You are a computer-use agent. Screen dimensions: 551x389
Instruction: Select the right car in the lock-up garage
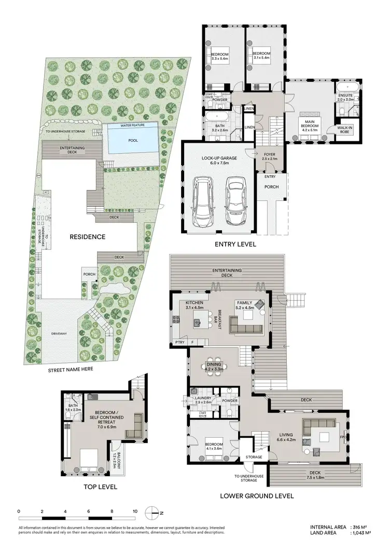coord(236,201)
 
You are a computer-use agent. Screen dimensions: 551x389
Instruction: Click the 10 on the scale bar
coord(135,512)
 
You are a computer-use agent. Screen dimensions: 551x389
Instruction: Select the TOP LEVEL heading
coord(100,487)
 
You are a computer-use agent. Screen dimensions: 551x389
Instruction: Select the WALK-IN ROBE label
coord(345,129)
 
